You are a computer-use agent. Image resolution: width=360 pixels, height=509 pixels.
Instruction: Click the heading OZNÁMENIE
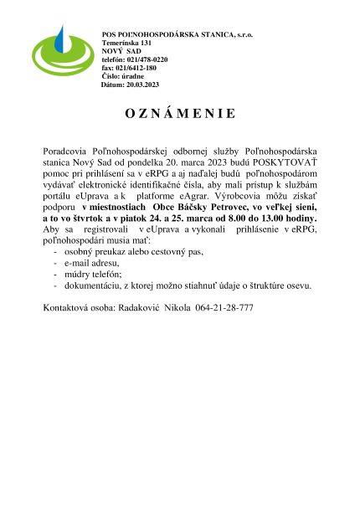tap(181, 113)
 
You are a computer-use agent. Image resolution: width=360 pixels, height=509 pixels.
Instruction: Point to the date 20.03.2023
tap(141, 85)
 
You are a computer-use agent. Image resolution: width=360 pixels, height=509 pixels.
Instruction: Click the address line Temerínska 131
tap(126, 42)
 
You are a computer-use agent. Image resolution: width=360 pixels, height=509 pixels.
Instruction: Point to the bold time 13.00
tap(264, 217)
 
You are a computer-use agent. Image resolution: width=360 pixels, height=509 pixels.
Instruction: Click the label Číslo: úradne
tap(122, 76)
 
